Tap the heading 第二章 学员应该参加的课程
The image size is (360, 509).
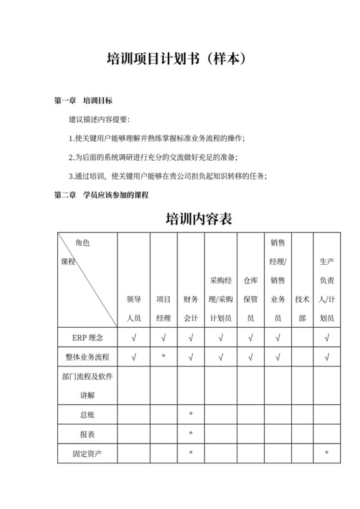102,194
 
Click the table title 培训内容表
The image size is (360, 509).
199,219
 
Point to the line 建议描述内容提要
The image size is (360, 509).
99,120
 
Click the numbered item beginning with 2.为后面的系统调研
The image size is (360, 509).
153,157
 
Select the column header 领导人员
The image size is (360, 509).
134,308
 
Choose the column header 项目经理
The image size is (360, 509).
163,308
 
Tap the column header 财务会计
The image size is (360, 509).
191,308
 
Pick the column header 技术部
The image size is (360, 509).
302,308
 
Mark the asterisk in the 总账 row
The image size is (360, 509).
191,415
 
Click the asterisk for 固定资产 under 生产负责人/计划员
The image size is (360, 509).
327,454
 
